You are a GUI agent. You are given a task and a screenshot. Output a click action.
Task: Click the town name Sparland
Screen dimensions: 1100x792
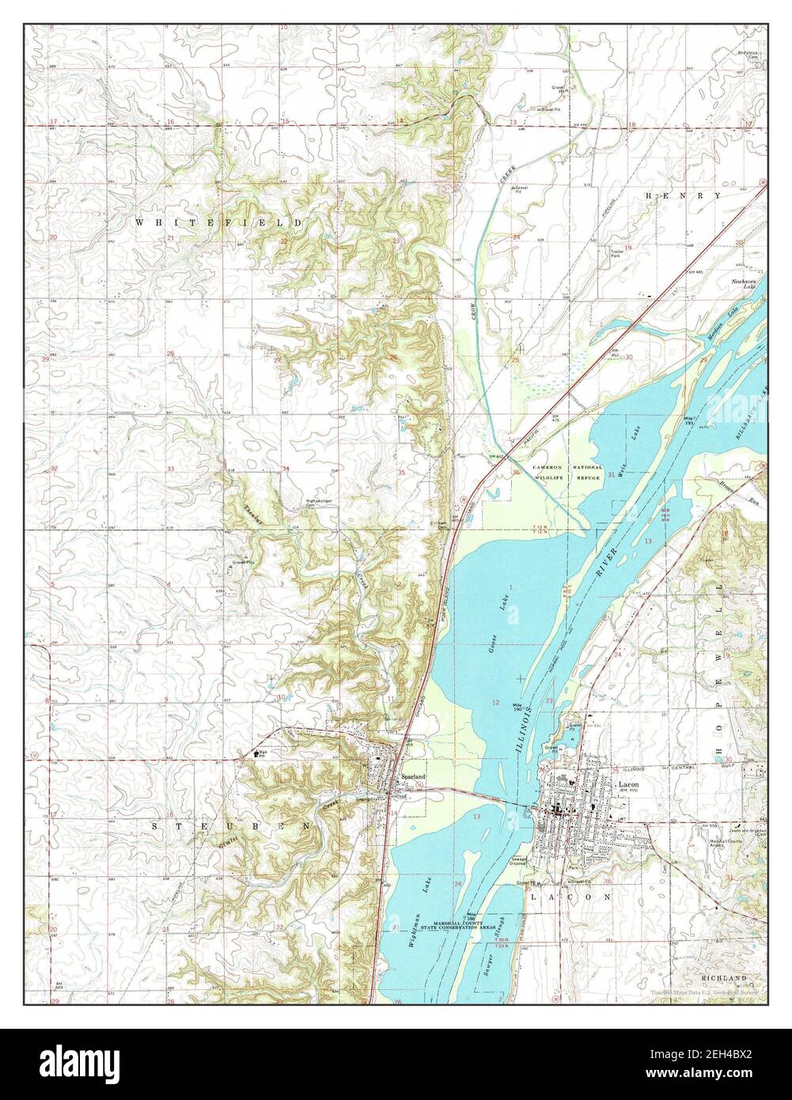(x=413, y=778)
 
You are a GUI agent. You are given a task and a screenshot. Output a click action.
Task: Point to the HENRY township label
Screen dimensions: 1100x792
(x=683, y=195)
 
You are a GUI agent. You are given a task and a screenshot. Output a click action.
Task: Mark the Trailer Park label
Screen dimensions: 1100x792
(x=616, y=253)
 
